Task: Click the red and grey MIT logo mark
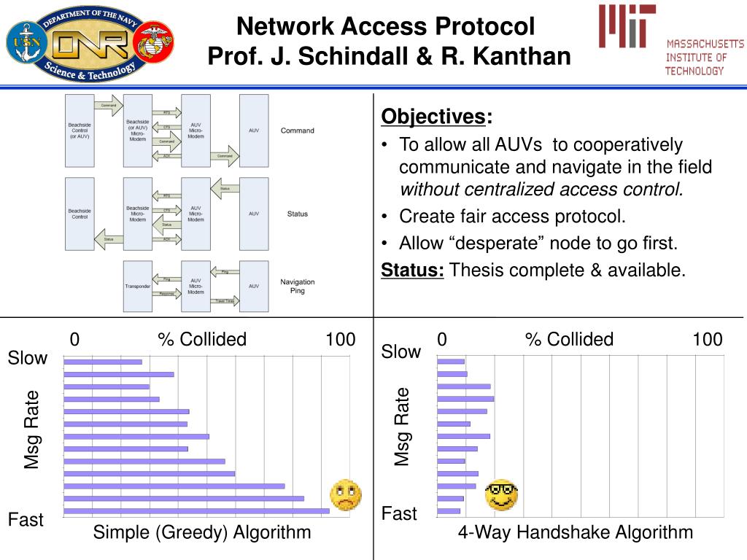click(x=627, y=26)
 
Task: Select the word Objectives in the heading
click(x=433, y=117)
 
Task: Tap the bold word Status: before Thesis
click(x=413, y=271)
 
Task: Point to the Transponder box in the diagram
click(x=138, y=286)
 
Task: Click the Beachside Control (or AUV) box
click(x=80, y=131)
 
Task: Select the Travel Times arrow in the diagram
click(x=224, y=300)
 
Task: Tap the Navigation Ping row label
click(x=297, y=286)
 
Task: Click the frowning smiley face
click(x=346, y=495)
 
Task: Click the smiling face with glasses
click(x=502, y=495)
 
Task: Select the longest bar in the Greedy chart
click(x=197, y=511)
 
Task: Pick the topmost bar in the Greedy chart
click(x=103, y=362)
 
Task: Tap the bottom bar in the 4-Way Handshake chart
click(x=448, y=511)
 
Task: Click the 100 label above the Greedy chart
click(x=341, y=339)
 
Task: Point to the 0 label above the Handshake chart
click(x=441, y=339)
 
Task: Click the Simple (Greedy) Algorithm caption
click(x=202, y=532)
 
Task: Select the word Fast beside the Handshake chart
click(x=399, y=514)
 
